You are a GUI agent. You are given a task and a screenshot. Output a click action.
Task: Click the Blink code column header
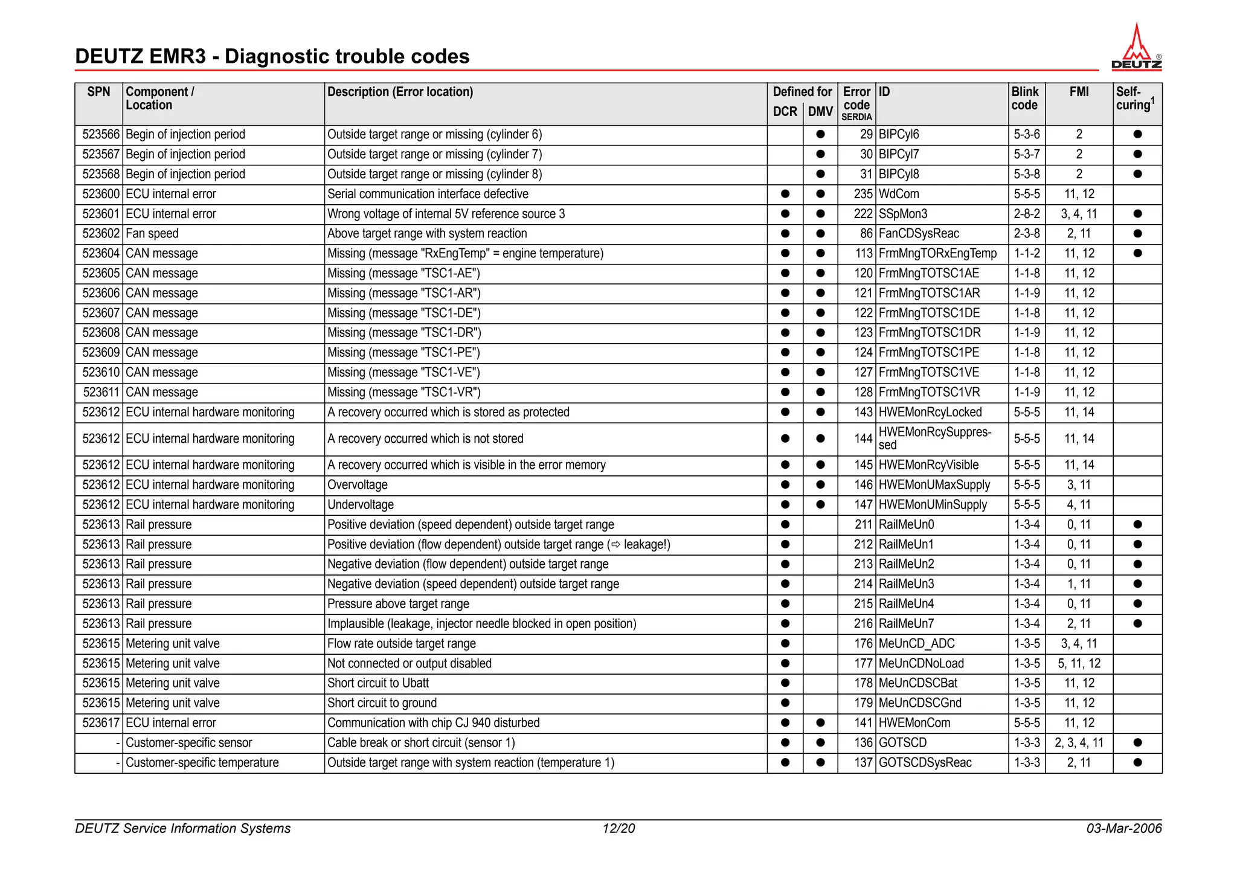coord(1025,98)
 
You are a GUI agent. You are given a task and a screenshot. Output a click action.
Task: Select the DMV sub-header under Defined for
coord(820,112)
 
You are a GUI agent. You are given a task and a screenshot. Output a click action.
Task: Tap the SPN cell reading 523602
coord(101,234)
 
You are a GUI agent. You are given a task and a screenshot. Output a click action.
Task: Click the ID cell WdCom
coord(899,194)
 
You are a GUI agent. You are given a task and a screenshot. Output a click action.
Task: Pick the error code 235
coord(863,194)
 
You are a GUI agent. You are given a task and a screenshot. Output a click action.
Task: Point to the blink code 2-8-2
coord(1026,214)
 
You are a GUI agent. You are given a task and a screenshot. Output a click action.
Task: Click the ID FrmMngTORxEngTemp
coord(937,254)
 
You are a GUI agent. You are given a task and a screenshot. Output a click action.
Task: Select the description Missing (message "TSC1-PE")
coord(403,353)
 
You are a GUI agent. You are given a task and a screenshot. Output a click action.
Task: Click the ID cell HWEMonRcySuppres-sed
coord(934,439)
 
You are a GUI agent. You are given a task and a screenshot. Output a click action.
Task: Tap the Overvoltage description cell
coord(358,485)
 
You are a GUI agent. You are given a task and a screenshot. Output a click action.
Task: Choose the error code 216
coord(863,624)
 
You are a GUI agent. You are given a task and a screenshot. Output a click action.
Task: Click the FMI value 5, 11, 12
coord(1079,664)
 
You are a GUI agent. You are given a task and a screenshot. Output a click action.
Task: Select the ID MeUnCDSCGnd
coord(920,703)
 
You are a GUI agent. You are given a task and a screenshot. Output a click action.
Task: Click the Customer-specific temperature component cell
coord(202,763)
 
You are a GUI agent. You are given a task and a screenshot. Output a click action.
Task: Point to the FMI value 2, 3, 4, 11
coord(1079,743)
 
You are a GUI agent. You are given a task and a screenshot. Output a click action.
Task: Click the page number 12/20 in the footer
coord(618,829)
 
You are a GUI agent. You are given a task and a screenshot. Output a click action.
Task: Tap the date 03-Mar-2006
coord(1123,829)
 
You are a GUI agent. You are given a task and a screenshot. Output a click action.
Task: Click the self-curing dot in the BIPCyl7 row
coord(1137,154)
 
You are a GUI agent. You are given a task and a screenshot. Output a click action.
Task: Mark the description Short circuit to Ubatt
coord(378,683)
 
